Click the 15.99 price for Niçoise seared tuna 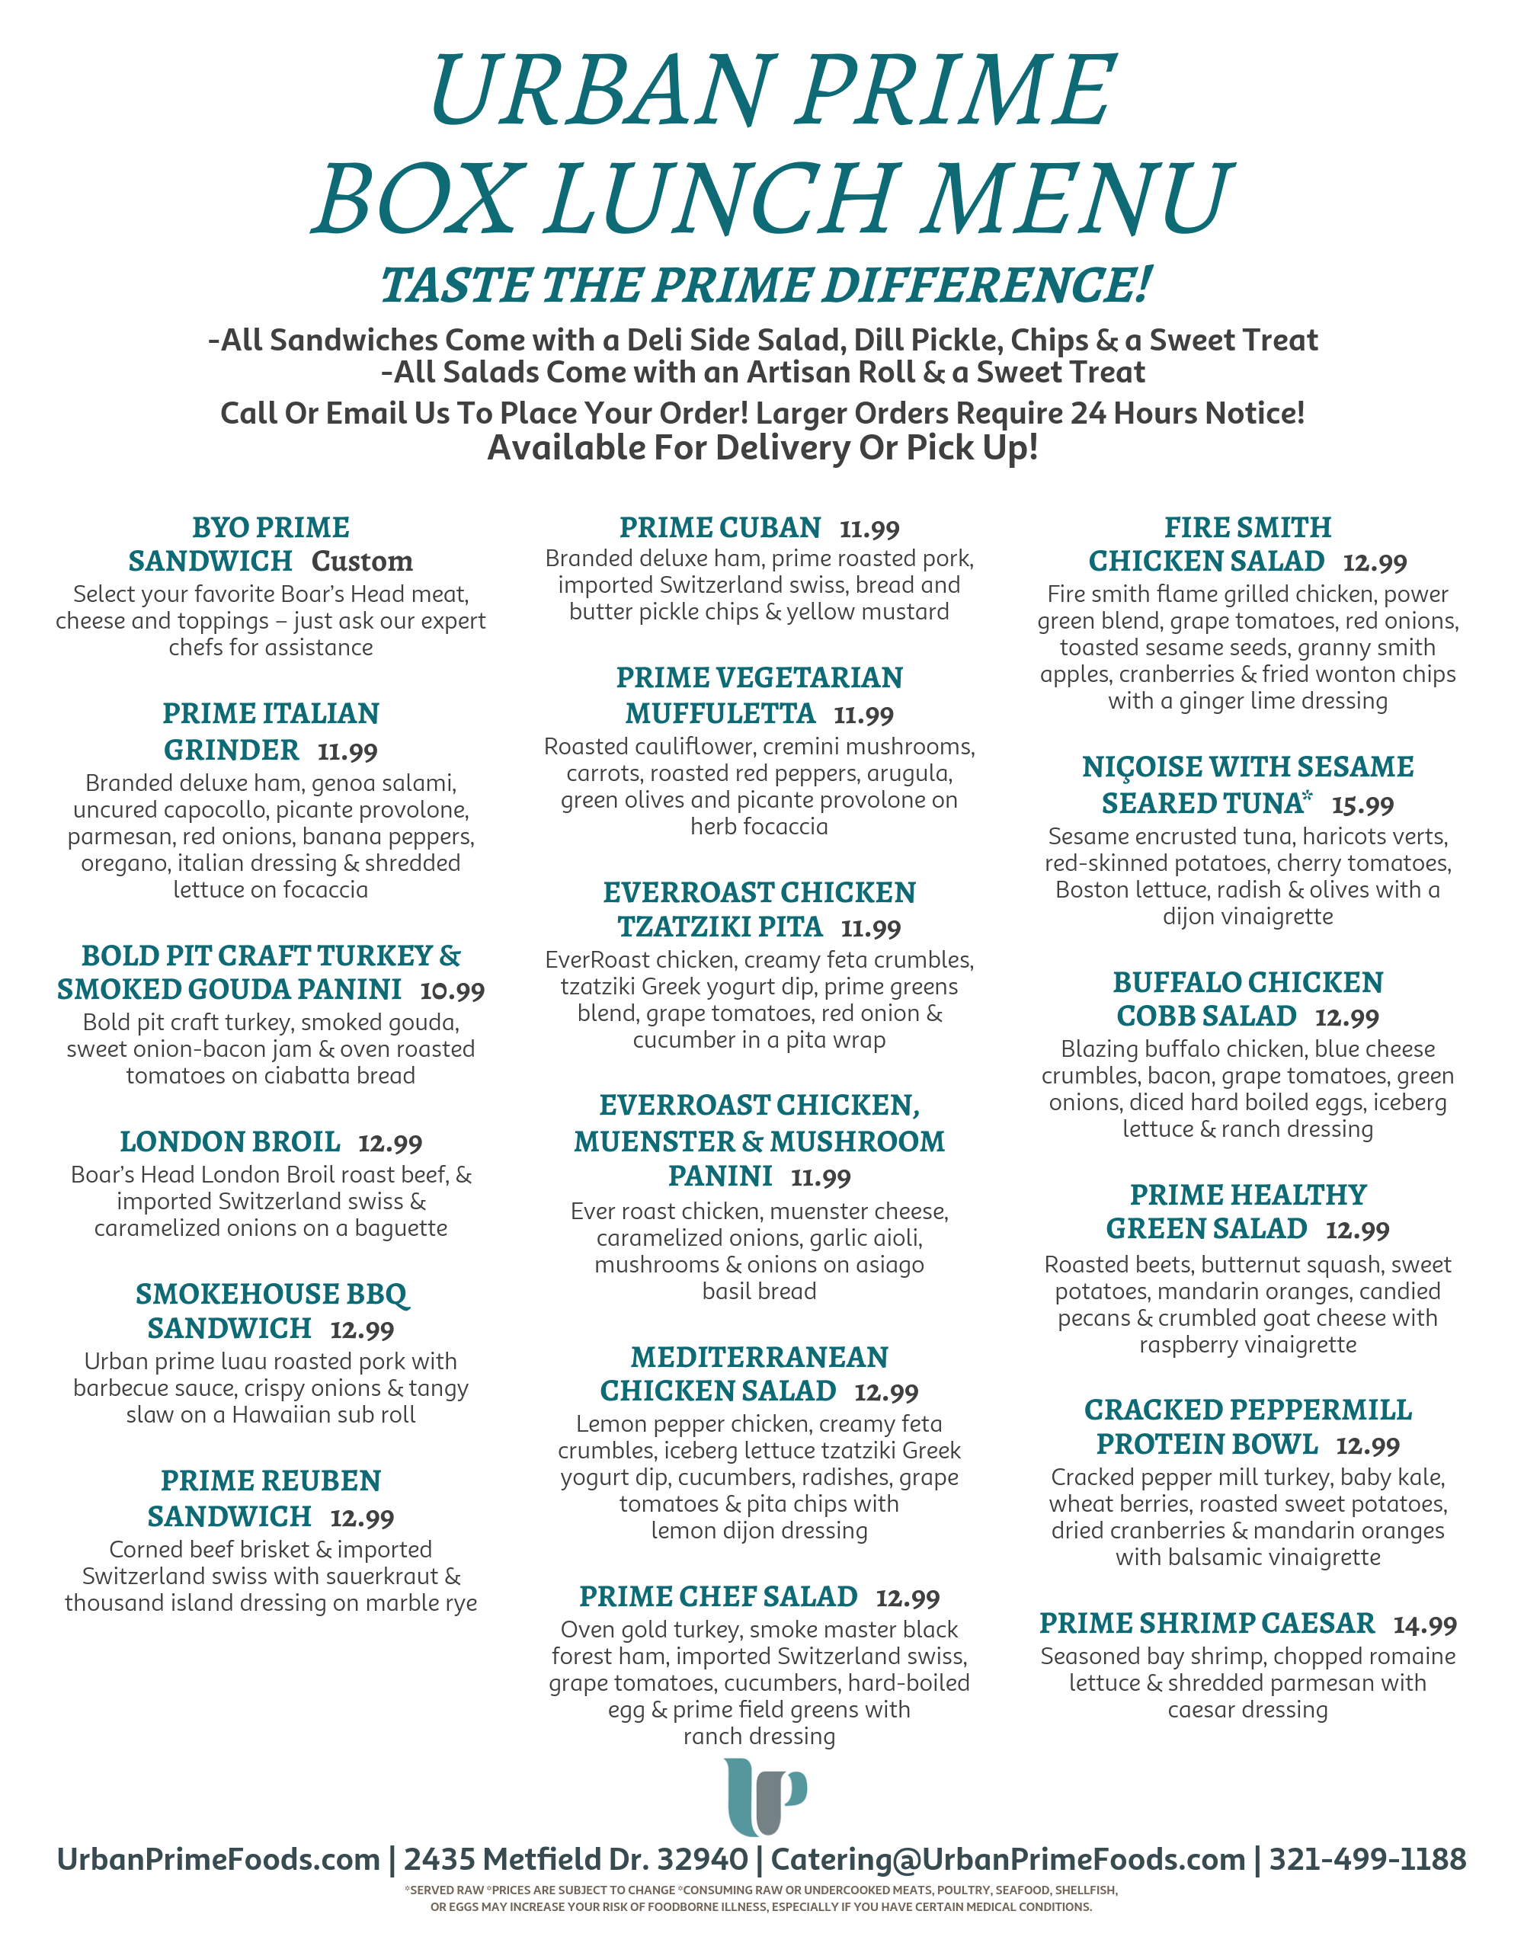1362,805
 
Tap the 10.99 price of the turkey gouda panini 452,991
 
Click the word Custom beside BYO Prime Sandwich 363,562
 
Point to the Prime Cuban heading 719,527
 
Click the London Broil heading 229,1142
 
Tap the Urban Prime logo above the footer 764,1797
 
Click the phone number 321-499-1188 1367,1858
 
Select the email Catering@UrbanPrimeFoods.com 1007,1858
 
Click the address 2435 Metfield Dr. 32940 575,1858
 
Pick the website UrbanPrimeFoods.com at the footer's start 218,1858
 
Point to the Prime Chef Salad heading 718,1596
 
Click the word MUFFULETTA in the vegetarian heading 719,714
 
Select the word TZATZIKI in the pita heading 719,927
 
